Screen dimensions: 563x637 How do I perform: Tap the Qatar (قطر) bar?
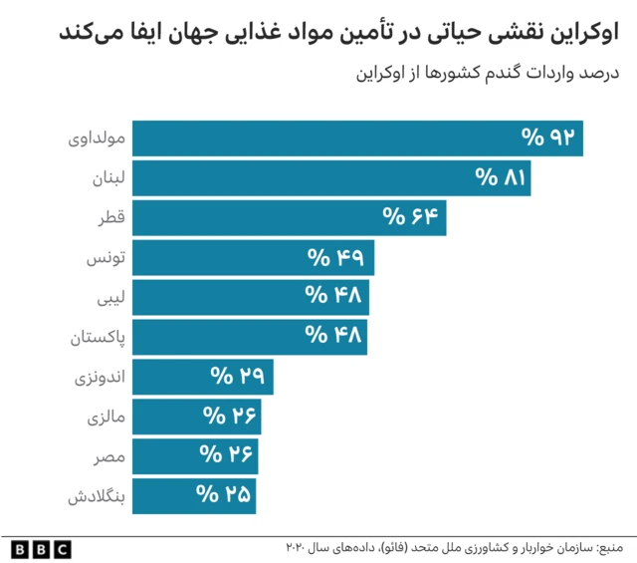pos(289,218)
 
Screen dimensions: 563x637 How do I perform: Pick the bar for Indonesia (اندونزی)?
pos(202,377)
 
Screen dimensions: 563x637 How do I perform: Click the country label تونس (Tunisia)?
pos(104,258)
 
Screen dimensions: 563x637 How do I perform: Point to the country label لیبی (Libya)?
pos(107,298)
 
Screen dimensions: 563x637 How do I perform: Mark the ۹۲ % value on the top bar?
pos(549,138)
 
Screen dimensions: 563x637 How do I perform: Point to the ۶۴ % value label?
pos(411,217)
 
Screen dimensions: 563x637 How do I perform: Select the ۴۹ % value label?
pos(338,257)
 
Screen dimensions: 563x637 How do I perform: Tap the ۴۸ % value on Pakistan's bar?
pos(332,337)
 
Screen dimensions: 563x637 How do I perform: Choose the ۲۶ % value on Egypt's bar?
pos(224,455)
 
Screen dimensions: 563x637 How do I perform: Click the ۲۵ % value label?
pos(222,495)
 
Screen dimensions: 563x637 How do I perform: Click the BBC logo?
pos(41,548)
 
